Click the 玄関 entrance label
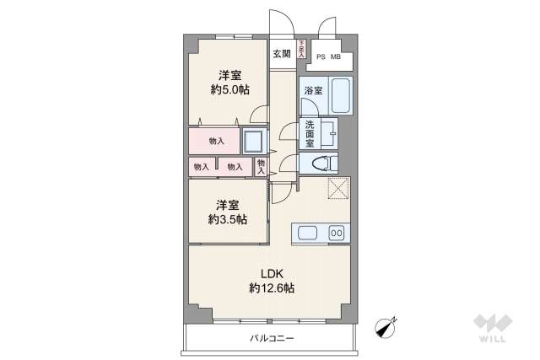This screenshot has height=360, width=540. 281,54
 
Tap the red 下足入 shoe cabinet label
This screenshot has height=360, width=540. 301,50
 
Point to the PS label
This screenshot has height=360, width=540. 321,57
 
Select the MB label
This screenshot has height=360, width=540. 336,57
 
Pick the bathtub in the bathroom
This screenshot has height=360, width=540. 339,95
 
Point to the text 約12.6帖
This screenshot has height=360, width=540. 271,288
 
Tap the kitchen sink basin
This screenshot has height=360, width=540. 305,233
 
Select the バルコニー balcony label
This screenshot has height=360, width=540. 272,337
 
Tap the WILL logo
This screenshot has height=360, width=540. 493,329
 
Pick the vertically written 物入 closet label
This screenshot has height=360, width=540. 262,166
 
